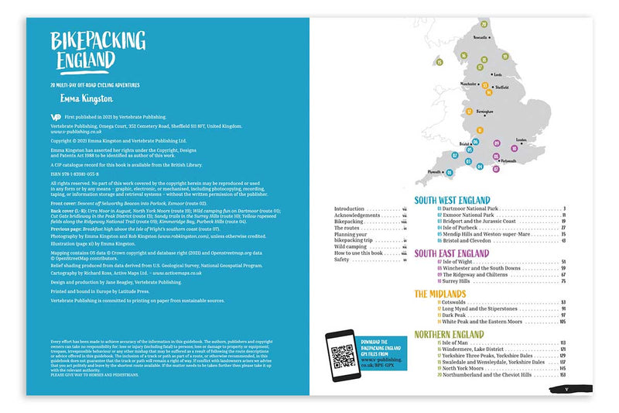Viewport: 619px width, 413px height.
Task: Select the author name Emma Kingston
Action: coord(86,99)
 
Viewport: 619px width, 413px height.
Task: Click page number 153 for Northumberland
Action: coord(563,374)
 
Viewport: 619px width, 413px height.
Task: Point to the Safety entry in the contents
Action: coord(341,260)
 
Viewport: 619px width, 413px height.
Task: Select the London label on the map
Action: coord(521,140)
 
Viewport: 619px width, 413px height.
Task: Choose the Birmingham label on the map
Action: coord(486,111)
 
